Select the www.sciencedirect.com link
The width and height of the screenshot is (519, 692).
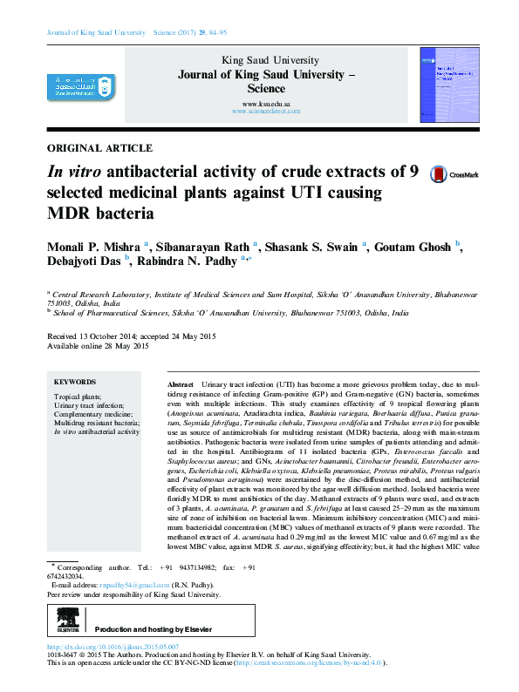266,112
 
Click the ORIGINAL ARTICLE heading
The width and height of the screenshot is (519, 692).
99,148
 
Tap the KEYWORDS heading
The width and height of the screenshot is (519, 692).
75,382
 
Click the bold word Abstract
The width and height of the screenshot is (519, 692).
181,384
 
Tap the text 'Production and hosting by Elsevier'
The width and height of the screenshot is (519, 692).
154,629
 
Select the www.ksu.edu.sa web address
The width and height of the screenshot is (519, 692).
266,104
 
